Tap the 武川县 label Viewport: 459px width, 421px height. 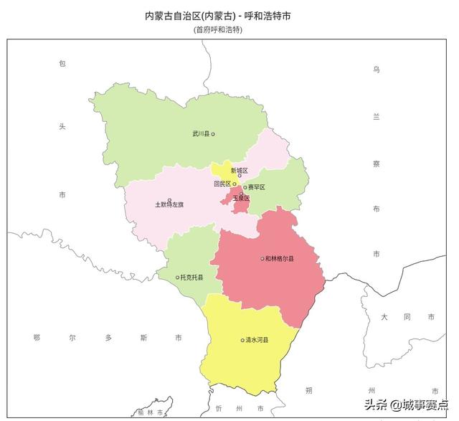pyautogui.click(x=200, y=134)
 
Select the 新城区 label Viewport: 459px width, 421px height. pyautogui.click(x=239, y=171)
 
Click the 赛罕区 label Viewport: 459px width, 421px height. pyautogui.click(x=257, y=187)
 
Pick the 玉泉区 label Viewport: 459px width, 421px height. pyautogui.click(x=241, y=198)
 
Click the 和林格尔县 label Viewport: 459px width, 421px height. pyautogui.click(x=280, y=259)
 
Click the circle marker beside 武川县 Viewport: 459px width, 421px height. pyautogui.click(x=213, y=134)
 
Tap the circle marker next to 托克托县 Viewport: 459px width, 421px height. pyautogui.click(x=177, y=278)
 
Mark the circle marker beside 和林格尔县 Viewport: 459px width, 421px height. pyautogui.click(x=262, y=259)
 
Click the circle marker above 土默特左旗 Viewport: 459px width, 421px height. pyautogui.click(x=169, y=200)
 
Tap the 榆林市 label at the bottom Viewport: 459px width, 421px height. pyautogui.click(x=151, y=412)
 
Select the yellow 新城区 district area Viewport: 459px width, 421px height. pyautogui.click(x=223, y=170)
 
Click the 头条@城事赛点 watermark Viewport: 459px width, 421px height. pyautogui.click(x=406, y=405)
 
